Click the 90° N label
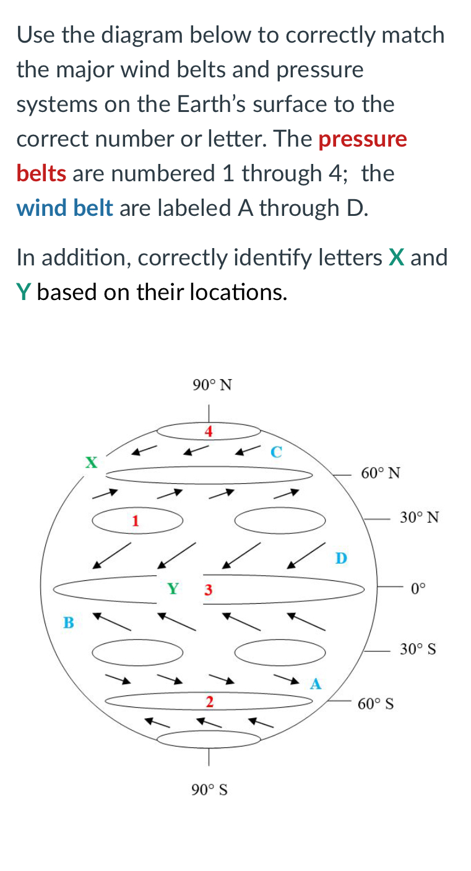point(212,385)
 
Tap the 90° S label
point(209,789)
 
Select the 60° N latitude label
point(381,473)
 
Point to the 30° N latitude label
point(419,517)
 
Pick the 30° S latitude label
point(418,649)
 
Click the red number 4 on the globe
point(209,431)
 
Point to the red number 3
point(209,590)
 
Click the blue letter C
point(276,452)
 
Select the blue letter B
point(69,622)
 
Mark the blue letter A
point(316,684)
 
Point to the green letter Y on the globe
point(174,588)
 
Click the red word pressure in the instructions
point(363,139)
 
